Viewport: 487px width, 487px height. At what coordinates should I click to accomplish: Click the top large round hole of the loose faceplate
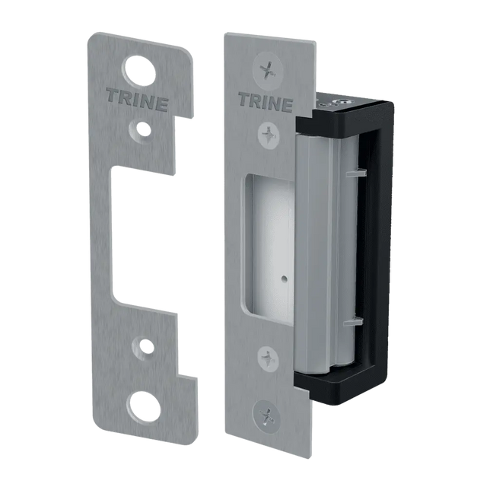(x=138, y=71)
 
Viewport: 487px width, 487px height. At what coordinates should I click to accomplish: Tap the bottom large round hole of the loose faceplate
(x=145, y=407)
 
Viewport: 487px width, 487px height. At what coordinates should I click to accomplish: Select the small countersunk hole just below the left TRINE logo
(x=142, y=129)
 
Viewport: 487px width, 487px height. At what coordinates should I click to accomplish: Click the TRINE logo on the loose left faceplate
(x=137, y=100)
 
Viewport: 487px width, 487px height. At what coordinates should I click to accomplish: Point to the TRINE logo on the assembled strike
(x=266, y=103)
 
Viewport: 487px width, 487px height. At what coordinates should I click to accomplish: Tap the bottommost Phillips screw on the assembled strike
(x=267, y=415)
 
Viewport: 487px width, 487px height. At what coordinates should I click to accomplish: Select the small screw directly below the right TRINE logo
(x=269, y=135)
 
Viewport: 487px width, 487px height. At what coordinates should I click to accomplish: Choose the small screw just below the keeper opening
(x=268, y=357)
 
